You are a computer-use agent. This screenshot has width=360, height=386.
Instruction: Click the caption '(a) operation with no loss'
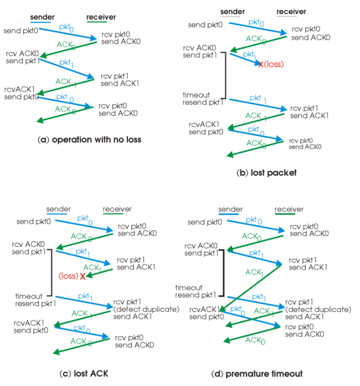(89, 140)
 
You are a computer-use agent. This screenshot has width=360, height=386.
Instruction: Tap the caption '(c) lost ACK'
(87, 373)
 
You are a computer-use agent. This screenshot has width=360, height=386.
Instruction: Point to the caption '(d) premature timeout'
(257, 373)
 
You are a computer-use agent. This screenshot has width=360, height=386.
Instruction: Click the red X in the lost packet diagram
(261, 64)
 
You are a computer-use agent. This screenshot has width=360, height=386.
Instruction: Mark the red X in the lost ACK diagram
(83, 276)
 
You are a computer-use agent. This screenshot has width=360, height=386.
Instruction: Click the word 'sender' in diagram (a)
(42, 17)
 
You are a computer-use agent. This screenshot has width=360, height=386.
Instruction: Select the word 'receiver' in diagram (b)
(291, 12)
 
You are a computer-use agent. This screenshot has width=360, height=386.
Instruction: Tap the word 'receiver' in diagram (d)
(289, 210)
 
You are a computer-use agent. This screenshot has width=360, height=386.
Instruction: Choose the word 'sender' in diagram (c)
(58, 210)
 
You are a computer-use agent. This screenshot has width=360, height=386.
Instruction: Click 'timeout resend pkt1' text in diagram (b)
(203, 99)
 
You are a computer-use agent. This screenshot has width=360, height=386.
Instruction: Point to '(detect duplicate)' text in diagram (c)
(140, 309)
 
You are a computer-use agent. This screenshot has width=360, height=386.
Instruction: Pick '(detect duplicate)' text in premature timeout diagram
(318, 309)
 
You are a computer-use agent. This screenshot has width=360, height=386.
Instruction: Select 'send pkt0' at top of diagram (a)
(21, 31)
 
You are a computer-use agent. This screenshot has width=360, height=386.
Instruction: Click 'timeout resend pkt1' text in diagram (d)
(195, 291)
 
